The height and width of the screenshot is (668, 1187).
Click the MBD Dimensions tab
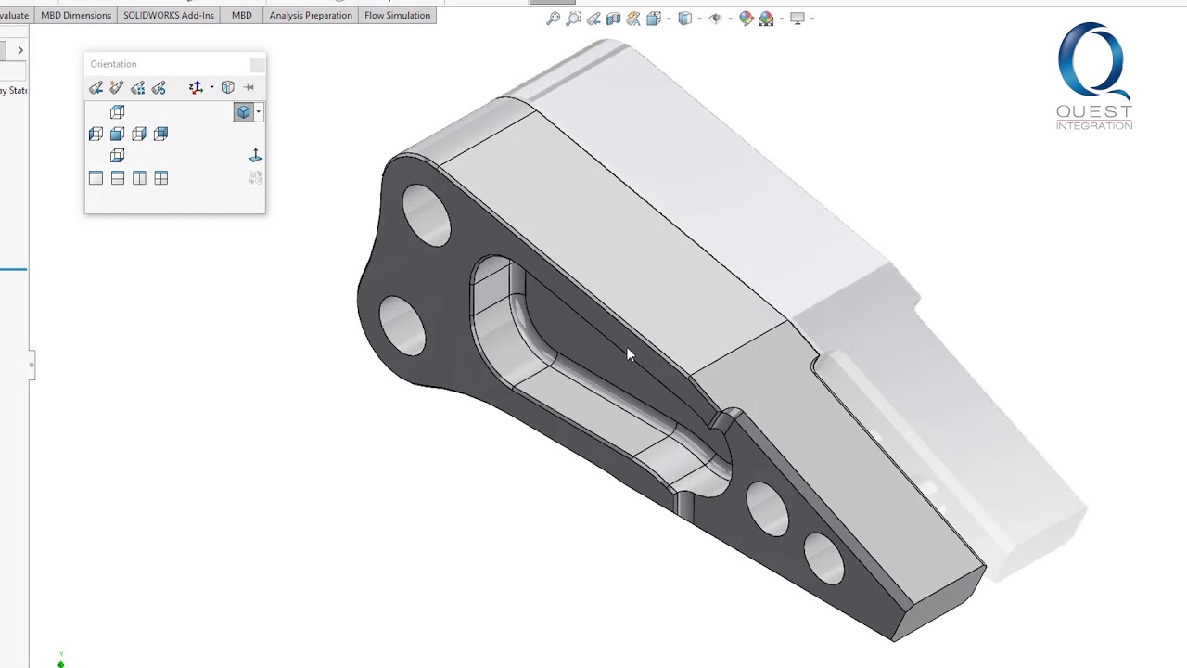tap(76, 15)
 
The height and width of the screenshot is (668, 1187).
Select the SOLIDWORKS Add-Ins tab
tap(169, 15)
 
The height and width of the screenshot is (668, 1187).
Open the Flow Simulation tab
tap(397, 15)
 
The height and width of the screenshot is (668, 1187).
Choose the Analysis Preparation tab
tap(311, 15)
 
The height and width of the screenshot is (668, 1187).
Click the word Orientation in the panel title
tap(113, 64)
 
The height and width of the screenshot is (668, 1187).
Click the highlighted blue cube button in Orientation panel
tap(243, 111)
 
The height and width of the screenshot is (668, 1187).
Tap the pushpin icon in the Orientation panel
tap(249, 87)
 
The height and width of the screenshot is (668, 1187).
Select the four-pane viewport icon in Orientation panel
tap(161, 178)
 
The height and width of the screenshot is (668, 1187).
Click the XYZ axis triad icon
tap(196, 87)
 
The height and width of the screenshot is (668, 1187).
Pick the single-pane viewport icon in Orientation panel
tap(96, 178)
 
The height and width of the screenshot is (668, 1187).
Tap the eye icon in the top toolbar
tap(715, 19)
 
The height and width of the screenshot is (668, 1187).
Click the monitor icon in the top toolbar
tap(797, 19)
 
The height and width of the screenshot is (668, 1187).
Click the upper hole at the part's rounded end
tap(427, 214)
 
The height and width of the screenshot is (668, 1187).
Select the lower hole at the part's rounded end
tap(402, 326)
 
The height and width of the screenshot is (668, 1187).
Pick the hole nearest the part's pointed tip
tap(824, 559)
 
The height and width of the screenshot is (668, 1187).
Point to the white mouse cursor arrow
tap(631, 354)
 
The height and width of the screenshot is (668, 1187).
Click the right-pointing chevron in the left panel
tap(20, 50)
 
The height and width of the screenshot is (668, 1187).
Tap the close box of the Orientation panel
tap(257, 64)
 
